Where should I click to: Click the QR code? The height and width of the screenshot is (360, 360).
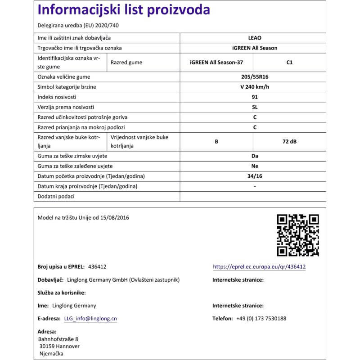297,235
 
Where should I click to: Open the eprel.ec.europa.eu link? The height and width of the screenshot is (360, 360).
259,267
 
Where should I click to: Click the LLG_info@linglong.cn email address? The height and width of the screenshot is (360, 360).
90,318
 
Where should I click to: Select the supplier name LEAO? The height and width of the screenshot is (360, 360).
255,39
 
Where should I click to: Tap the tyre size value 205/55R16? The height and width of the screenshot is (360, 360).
255,77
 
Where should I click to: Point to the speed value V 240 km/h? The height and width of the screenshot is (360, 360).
255,87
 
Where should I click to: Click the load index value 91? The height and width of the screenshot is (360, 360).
255,97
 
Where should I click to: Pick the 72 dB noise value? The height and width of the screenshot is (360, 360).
289,141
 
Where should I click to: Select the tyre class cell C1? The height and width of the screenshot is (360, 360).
289,63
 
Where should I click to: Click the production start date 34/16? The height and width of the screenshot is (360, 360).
255,176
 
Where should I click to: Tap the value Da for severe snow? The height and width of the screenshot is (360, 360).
255,156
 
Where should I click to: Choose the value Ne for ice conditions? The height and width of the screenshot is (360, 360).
255,166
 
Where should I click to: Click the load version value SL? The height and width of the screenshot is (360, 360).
255,107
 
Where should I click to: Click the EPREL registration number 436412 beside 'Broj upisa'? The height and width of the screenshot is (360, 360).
97,267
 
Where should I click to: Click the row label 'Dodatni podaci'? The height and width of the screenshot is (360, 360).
56,196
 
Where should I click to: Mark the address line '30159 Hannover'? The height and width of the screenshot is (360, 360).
60,346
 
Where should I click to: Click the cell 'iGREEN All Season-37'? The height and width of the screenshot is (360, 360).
216,63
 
